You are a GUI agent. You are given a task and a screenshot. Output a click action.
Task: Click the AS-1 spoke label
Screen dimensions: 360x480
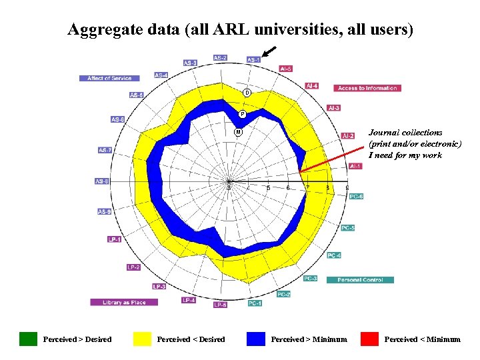point(254,59)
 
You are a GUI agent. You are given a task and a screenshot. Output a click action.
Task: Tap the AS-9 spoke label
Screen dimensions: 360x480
point(104,212)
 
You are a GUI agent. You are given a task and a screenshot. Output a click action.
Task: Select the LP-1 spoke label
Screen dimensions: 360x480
point(115,239)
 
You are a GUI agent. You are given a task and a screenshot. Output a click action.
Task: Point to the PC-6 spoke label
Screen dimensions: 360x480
point(357,196)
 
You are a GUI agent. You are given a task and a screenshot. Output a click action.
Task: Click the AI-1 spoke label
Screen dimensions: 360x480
point(355,166)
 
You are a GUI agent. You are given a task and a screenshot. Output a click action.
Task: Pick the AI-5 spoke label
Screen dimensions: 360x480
point(285,68)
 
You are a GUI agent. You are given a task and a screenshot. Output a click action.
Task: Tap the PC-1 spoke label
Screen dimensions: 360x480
point(255,303)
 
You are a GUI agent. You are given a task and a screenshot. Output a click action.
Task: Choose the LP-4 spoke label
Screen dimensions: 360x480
point(189,300)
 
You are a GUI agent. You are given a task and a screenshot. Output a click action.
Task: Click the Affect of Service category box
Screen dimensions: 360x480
point(109,78)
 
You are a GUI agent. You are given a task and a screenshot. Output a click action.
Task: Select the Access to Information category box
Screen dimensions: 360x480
point(367,88)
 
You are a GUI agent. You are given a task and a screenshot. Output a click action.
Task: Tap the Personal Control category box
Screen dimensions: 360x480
point(360,280)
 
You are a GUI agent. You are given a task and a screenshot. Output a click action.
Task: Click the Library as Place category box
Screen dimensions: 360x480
point(124,302)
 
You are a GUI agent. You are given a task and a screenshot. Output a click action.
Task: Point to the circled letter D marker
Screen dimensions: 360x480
point(247,92)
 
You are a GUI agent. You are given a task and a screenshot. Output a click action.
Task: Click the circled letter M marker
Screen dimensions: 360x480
point(237,132)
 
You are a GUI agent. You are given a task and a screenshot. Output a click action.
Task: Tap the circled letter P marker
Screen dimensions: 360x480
point(243,114)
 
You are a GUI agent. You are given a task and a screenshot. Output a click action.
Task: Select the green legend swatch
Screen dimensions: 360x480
point(29,339)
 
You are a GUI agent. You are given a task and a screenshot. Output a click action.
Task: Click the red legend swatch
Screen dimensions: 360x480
point(369,339)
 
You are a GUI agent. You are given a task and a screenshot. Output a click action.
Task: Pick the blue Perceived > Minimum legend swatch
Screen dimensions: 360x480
point(256,339)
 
